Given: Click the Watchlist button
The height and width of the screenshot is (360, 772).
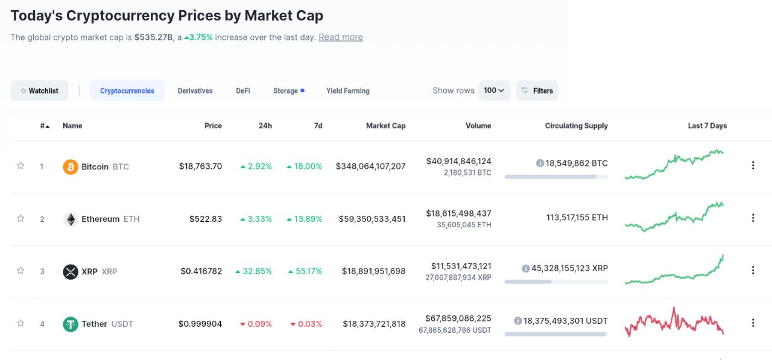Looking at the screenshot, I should (39, 90).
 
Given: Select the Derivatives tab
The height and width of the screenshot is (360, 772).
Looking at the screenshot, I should (195, 90).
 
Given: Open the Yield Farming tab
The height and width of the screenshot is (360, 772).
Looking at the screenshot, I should (347, 90).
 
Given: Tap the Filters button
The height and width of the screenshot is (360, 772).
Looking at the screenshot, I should (537, 90).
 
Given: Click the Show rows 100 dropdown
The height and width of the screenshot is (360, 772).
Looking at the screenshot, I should (494, 90).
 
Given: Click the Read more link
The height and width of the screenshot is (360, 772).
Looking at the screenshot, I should (341, 37).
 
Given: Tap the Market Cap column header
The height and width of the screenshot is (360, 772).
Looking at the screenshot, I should (385, 126).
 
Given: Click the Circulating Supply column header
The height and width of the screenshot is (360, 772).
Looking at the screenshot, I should (576, 126).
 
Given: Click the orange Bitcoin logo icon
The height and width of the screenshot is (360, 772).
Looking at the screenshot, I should (71, 166).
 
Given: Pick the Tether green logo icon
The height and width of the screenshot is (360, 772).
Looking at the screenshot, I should (71, 324).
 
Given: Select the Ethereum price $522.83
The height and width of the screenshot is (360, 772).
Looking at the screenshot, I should (205, 219).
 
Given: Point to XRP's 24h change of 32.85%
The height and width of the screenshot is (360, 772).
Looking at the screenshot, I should (253, 271).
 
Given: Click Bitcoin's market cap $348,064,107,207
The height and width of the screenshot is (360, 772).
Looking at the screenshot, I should (370, 166).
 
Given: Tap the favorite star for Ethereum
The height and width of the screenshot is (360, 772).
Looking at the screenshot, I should (21, 218).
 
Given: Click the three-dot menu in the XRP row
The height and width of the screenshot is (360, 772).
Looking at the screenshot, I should (753, 270).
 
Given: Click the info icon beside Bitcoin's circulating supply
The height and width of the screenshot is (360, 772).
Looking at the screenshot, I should (540, 163).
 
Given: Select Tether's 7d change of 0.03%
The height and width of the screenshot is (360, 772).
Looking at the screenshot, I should (306, 324).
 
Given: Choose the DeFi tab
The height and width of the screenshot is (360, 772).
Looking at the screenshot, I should (243, 90).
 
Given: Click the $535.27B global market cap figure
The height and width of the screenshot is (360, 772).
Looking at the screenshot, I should (153, 37).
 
